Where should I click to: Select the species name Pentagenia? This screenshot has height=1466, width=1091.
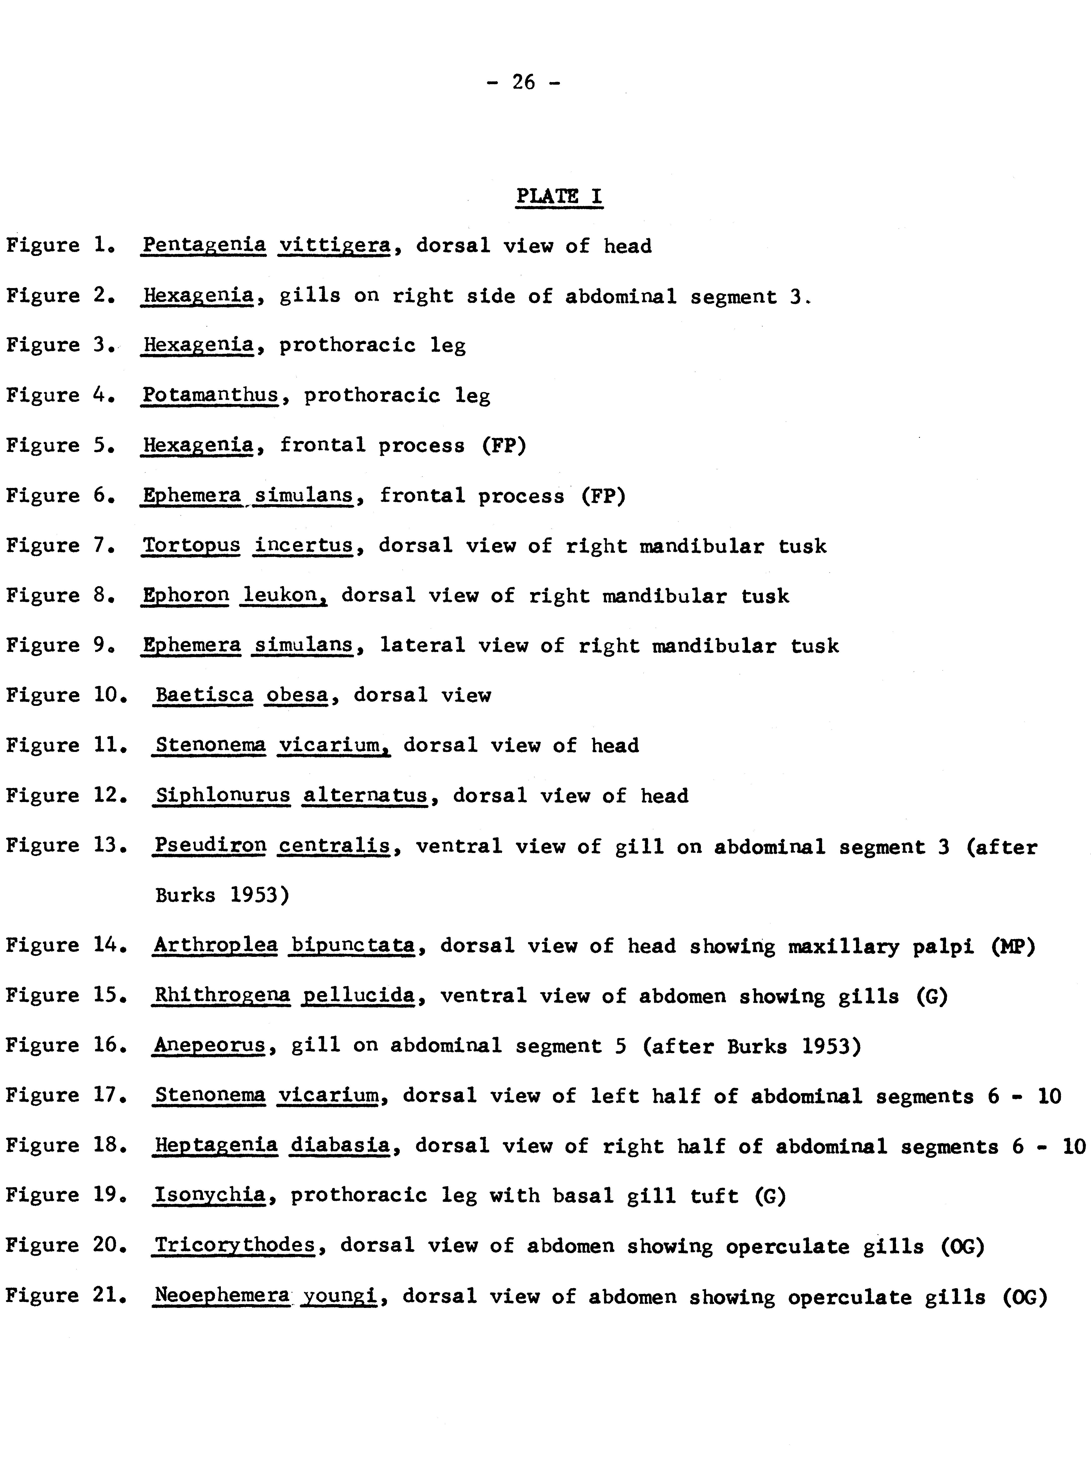(x=204, y=246)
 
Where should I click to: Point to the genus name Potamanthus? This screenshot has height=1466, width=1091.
(x=210, y=395)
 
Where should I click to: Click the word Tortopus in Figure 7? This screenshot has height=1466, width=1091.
(x=191, y=546)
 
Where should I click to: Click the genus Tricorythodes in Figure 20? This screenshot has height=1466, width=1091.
(x=235, y=1245)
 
